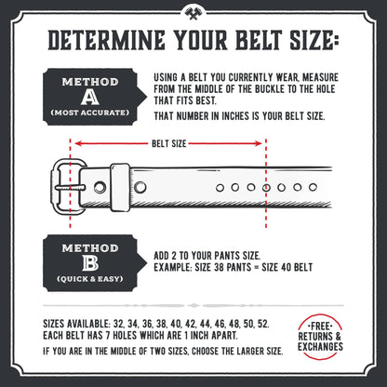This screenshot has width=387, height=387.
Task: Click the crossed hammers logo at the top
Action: [x=193, y=15]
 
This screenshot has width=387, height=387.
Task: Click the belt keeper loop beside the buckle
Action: [x=119, y=186]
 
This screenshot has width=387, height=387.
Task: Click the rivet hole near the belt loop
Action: [x=140, y=187]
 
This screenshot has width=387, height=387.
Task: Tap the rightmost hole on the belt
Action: [x=292, y=187]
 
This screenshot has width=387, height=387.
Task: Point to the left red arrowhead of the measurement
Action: [x=75, y=143]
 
